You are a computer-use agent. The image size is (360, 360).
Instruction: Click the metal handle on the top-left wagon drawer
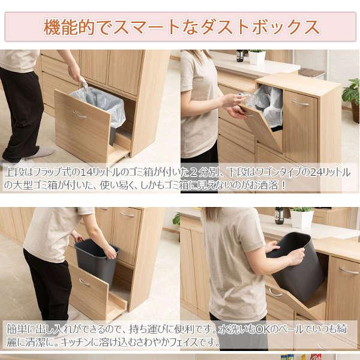[79, 114]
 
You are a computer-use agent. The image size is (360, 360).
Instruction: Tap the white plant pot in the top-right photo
[257, 58]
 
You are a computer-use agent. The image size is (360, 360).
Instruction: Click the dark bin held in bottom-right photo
[297, 264]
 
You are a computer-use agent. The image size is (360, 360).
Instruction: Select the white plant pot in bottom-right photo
[301, 220]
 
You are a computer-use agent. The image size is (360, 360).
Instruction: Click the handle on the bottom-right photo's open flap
[275, 292]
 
